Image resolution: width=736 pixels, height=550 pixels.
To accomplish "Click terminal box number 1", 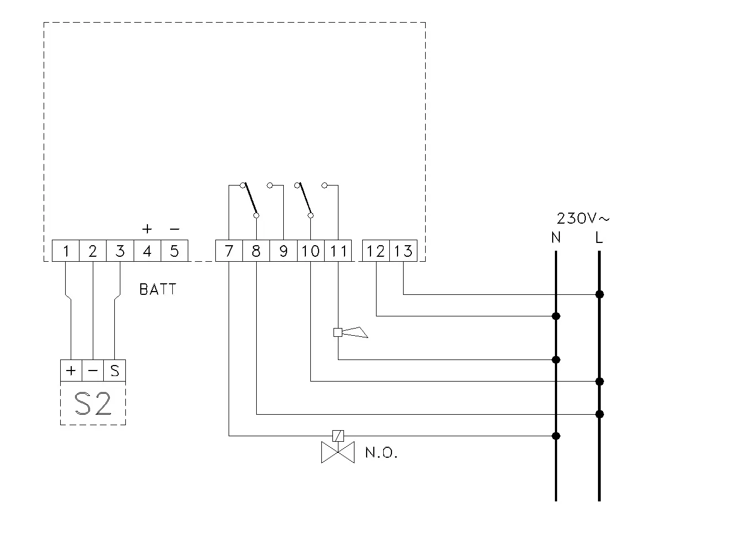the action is (x=66, y=251).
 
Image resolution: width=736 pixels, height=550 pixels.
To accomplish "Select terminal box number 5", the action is (x=174, y=251).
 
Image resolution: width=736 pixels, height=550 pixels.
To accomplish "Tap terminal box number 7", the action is (x=229, y=251).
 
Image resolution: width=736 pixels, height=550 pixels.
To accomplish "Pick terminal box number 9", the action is (x=283, y=251).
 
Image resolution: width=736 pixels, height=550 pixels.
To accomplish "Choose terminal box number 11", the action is (x=338, y=251).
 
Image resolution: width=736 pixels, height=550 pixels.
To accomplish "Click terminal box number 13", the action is (x=404, y=251).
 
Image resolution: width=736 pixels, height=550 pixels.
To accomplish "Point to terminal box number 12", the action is (x=376, y=251).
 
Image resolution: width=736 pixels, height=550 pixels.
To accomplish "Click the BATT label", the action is (x=157, y=289).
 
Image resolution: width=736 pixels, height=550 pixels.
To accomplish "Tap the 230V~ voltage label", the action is (x=583, y=218).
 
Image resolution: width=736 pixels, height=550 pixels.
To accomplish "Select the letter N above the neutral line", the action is (x=556, y=237).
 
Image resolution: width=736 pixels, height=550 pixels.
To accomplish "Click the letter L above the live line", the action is (x=599, y=237).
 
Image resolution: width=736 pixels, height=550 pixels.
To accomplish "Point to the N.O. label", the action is (x=381, y=452).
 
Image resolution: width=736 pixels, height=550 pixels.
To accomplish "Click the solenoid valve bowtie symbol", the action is (x=338, y=452).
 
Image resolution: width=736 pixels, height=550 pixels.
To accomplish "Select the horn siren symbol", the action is (x=351, y=332).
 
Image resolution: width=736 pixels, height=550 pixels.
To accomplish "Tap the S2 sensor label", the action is (x=93, y=404).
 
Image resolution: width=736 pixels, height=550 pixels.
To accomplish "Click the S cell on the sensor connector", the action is (x=115, y=371).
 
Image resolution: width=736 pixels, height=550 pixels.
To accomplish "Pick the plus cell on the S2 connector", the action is (x=71, y=371).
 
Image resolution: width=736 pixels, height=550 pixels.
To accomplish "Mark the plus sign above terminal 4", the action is (x=147, y=229).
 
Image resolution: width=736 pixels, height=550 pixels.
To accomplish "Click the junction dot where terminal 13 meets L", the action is (x=600, y=294).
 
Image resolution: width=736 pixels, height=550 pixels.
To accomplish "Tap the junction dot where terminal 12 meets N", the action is (x=556, y=316).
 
